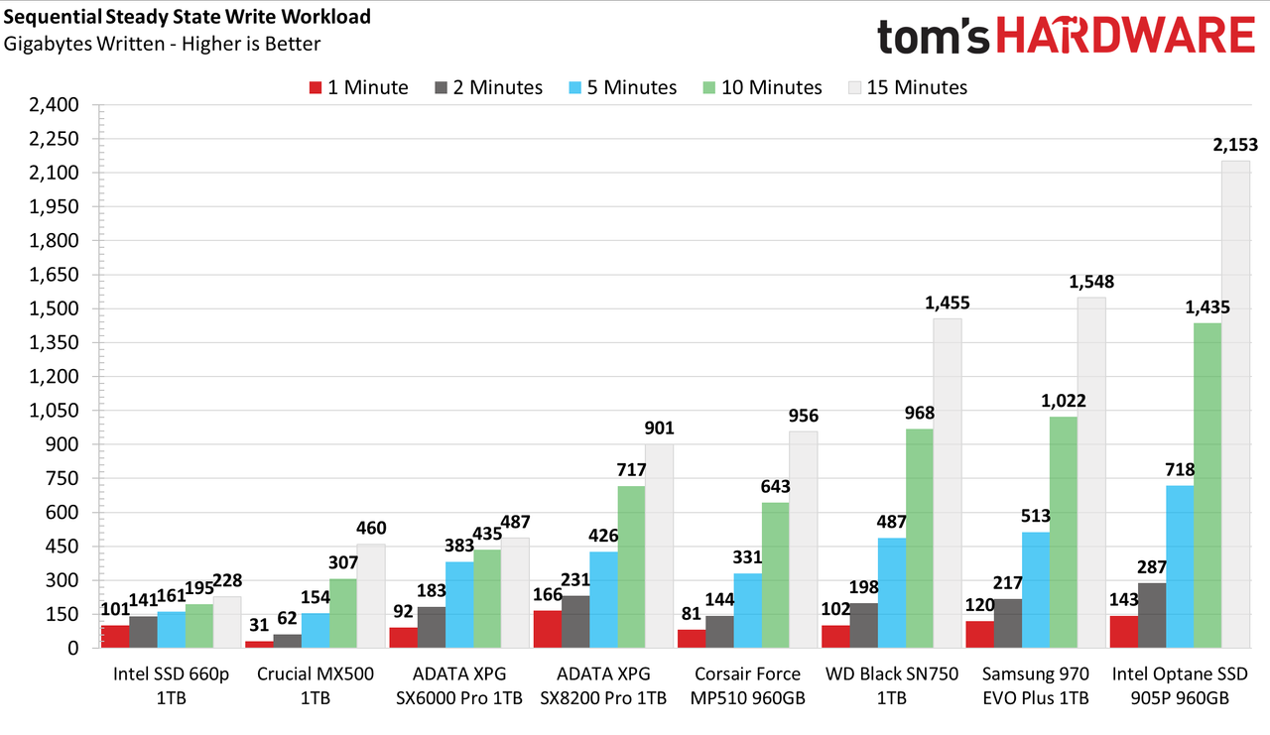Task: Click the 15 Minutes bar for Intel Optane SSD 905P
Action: [x=1235, y=404]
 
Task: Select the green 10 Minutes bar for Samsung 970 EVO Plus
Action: [x=1064, y=532]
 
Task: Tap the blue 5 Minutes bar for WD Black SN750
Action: [x=892, y=593]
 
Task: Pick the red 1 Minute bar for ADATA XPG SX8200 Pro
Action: [x=548, y=629]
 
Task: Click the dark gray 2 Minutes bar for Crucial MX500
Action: [x=288, y=641]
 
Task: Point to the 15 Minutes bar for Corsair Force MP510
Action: [x=804, y=540]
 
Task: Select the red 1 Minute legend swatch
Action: [x=316, y=88]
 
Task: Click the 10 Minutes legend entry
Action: [x=763, y=88]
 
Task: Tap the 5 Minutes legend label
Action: [x=632, y=88]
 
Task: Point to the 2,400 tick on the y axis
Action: [x=55, y=105]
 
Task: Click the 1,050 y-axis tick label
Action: [x=55, y=411]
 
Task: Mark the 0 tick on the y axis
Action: [x=73, y=649]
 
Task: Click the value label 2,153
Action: [x=1235, y=145]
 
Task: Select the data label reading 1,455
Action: [x=948, y=304]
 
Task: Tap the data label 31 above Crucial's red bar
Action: [x=259, y=625]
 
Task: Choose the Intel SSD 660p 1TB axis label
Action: [x=172, y=685]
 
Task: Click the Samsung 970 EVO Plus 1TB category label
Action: [x=1036, y=685]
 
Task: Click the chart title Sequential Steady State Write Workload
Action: [x=188, y=17]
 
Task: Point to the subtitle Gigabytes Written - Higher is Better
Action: [x=162, y=44]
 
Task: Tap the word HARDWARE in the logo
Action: [x=1125, y=35]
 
